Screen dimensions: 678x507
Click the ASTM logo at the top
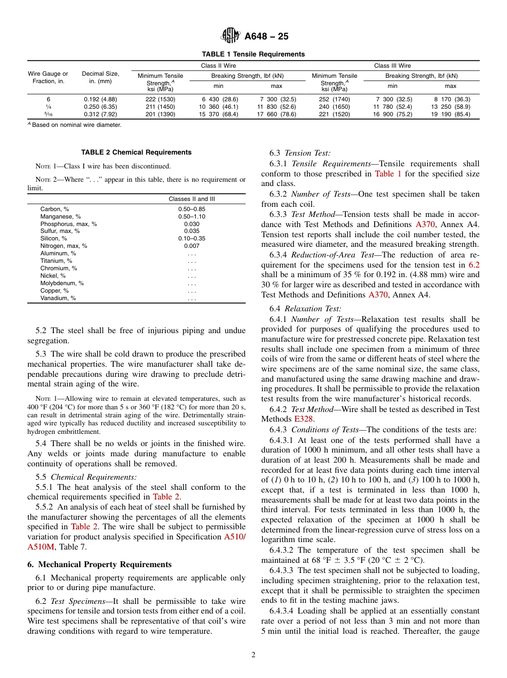click(x=231, y=36)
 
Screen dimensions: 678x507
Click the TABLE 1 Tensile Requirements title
click(x=253, y=54)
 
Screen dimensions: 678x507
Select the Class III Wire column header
click(x=392, y=66)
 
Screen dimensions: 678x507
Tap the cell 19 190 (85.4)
click(x=451, y=114)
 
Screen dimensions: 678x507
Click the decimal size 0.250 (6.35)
click(x=100, y=107)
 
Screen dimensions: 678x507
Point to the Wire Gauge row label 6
click(x=48, y=99)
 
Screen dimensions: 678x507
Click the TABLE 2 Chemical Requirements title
click(x=136, y=152)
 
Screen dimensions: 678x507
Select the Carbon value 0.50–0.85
click(x=192, y=209)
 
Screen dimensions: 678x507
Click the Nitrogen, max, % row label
click(x=64, y=246)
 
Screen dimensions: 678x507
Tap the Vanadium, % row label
click(x=58, y=298)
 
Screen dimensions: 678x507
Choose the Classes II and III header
click(x=192, y=199)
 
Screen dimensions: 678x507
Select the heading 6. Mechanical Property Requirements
click(x=99, y=564)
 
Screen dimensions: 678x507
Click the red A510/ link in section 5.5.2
click(x=235, y=537)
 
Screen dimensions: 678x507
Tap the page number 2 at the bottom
click(x=253, y=655)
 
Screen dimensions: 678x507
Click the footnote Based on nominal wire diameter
click(x=76, y=125)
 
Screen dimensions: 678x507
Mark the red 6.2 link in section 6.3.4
click(x=474, y=265)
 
